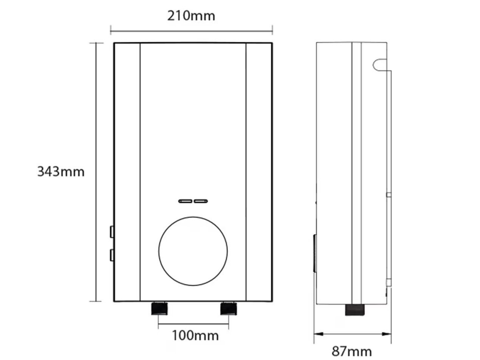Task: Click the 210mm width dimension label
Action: pyautogui.click(x=191, y=16)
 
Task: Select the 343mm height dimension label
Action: pyautogui.click(x=60, y=172)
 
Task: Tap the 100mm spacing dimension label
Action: pyautogui.click(x=195, y=335)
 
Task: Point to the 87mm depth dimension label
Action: pyautogui.click(x=351, y=351)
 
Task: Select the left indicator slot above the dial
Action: pyautogui.click(x=185, y=201)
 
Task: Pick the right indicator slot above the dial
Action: pyautogui.click(x=201, y=201)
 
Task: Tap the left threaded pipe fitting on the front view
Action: pyautogui.click(x=159, y=309)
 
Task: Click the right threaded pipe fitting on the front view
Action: pyautogui.click(x=228, y=309)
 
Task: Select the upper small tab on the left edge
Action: pyautogui.click(x=112, y=232)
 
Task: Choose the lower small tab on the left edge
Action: pyautogui.click(x=112, y=255)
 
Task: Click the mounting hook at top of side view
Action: pyautogui.click(x=379, y=64)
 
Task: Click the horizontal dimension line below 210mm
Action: pyautogui.click(x=191, y=29)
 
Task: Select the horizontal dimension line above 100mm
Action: pyautogui.click(x=193, y=323)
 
